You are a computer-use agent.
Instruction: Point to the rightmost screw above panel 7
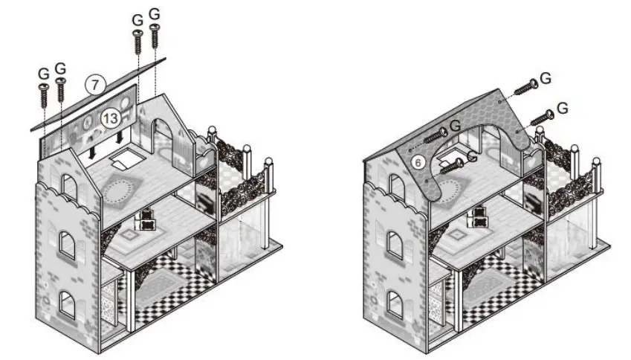point(155,36)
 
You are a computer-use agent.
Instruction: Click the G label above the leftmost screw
point(43,74)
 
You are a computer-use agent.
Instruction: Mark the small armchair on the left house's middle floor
point(147,219)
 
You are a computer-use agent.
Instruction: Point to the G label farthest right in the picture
point(562,107)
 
